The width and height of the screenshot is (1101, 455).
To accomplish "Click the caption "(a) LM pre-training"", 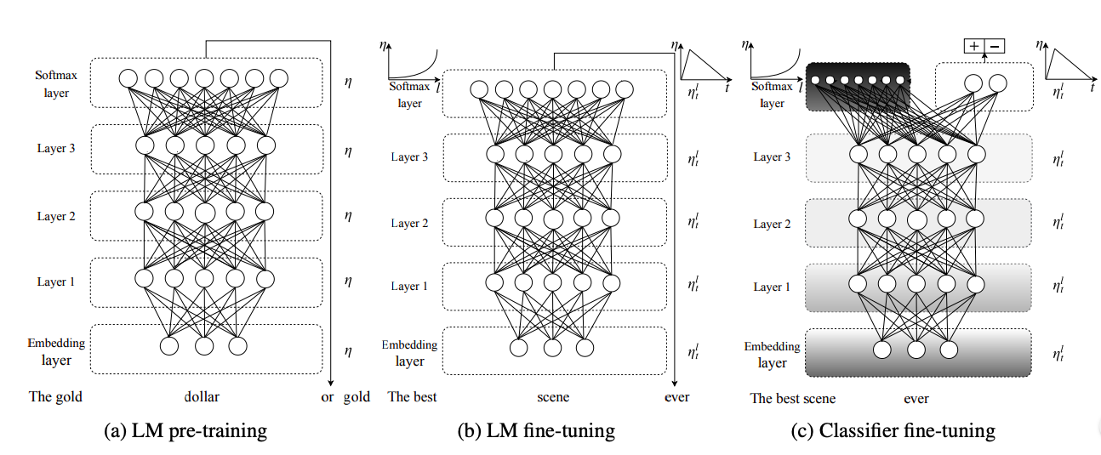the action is click(x=185, y=431).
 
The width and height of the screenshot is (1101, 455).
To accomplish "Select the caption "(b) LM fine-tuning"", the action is click(x=536, y=431).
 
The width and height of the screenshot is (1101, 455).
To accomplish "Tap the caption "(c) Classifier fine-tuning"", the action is click(x=893, y=431).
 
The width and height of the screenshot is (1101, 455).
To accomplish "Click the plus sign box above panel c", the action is click(x=974, y=46).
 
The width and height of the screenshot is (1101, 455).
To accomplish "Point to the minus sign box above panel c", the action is click(x=995, y=46).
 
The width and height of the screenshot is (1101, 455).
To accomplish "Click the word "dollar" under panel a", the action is click(x=202, y=396).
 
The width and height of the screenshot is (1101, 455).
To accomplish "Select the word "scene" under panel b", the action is click(x=553, y=397).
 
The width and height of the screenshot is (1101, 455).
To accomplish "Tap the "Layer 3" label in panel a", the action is click(x=56, y=148).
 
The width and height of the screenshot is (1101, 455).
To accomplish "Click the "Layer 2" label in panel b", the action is click(x=409, y=223).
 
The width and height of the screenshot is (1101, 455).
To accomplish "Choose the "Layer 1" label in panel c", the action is click(x=772, y=287).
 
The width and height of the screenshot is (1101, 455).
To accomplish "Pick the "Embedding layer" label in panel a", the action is click(x=56, y=351).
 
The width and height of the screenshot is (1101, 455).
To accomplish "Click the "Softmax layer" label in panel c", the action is click(x=772, y=94).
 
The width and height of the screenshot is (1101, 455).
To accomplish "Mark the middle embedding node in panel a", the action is click(x=204, y=346).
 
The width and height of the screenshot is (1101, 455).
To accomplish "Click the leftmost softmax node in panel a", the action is click(x=128, y=78).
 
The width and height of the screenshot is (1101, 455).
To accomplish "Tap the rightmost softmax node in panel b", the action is click(x=625, y=89).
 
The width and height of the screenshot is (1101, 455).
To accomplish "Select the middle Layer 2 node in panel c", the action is click(x=916, y=219).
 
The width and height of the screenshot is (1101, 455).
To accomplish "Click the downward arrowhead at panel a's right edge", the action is click(x=331, y=383).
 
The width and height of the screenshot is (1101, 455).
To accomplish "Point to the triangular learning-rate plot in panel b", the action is click(x=704, y=64).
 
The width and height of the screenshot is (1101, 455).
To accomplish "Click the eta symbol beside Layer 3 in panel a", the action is click(x=348, y=151).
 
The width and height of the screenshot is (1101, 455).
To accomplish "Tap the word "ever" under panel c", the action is click(x=916, y=399).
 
